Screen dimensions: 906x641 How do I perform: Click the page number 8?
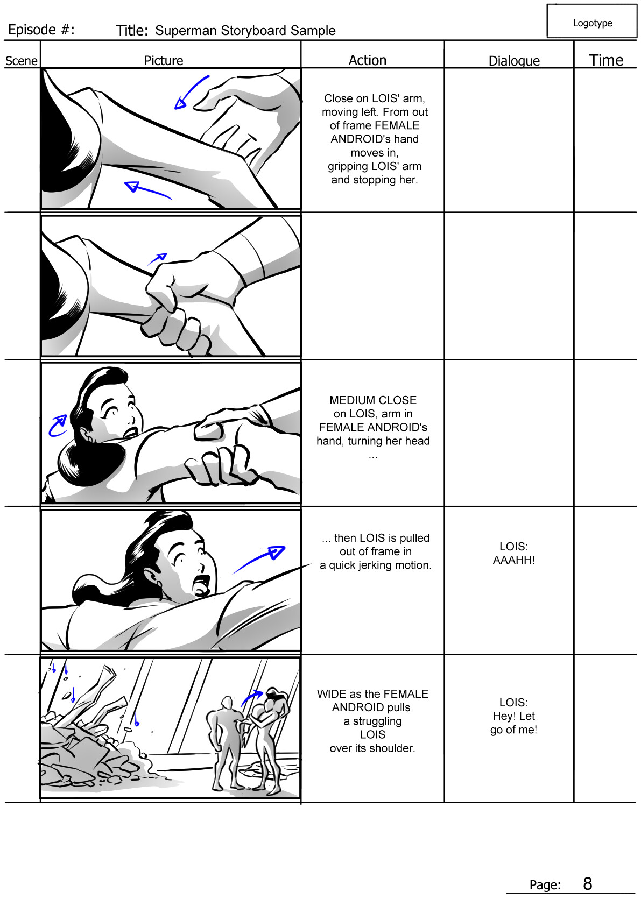[x=587, y=883]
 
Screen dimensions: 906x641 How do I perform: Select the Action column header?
[x=367, y=60]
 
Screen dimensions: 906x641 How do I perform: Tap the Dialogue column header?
[x=513, y=61]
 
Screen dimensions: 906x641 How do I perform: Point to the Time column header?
[x=605, y=60]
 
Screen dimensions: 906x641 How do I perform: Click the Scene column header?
[x=21, y=61]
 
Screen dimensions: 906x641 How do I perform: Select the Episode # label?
[x=41, y=30]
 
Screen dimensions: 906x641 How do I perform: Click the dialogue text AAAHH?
[x=513, y=560]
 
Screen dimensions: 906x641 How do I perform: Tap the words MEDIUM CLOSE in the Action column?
[x=373, y=400]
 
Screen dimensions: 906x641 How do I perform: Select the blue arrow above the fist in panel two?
[x=158, y=258]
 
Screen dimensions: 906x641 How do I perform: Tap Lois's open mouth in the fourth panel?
[x=201, y=585]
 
